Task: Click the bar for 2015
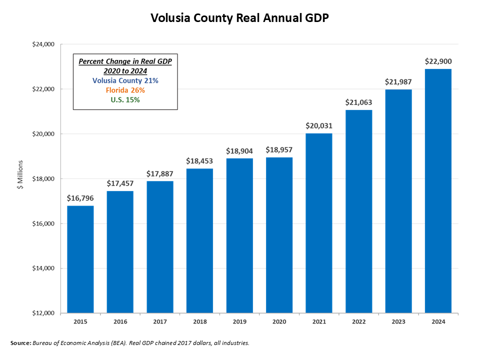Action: click(x=80, y=259)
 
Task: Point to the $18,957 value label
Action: click(x=279, y=149)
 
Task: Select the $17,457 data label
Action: click(x=120, y=183)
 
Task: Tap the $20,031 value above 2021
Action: click(x=319, y=125)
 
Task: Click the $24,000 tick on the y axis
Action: click(x=43, y=44)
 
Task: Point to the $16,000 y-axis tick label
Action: click(x=43, y=223)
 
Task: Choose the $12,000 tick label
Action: click(x=43, y=313)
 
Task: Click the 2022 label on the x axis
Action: click(x=358, y=322)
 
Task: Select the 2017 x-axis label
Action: click(x=160, y=322)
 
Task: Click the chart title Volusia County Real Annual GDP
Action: click(x=240, y=18)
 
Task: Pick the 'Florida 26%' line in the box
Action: click(x=125, y=90)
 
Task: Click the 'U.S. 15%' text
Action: click(x=125, y=100)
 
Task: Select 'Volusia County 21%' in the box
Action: click(x=125, y=80)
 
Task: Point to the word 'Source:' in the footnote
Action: click(x=20, y=343)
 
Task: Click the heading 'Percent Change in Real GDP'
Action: click(x=125, y=61)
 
